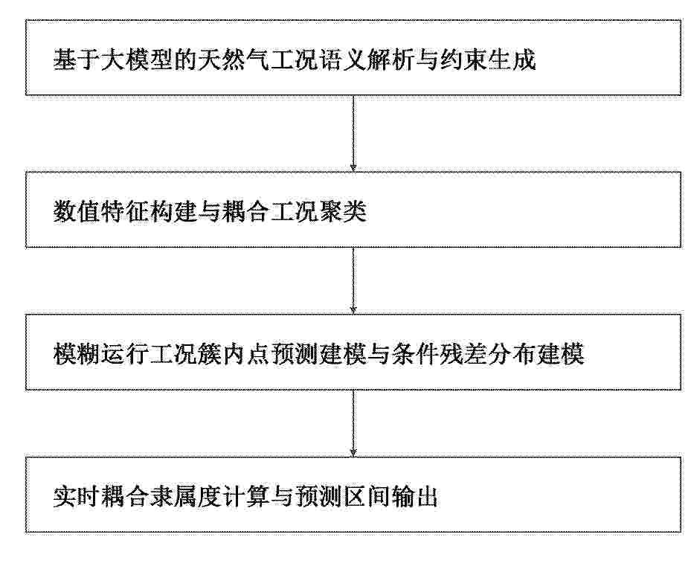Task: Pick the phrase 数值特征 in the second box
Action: point(100,211)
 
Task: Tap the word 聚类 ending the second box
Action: point(342,211)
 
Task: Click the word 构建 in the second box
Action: point(173,211)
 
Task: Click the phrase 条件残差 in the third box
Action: point(440,353)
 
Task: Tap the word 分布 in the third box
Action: point(512,353)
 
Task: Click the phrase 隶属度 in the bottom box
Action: point(185,498)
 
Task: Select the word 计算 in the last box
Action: point(246,498)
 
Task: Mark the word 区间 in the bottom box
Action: point(367,498)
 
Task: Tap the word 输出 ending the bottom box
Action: point(415,498)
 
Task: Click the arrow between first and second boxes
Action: point(353,133)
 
